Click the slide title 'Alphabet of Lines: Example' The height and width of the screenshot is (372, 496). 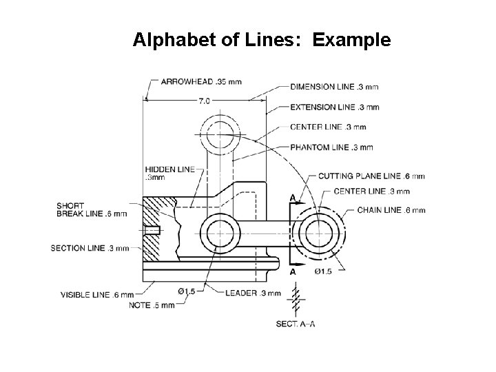(262, 41)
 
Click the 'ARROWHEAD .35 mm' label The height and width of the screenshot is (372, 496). (200, 82)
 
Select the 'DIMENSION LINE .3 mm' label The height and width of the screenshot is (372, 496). (333, 87)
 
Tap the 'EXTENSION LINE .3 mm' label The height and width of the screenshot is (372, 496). (334, 107)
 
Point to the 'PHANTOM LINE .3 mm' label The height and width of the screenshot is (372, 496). (331, 147)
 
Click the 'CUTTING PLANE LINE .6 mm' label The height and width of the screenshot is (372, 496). (371, 176)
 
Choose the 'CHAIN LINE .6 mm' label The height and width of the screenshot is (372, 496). (391, 210)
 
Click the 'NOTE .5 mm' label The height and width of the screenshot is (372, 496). (152, 305)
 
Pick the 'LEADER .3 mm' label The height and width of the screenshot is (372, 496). (253, 293)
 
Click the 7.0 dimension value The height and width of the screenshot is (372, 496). (205, 101)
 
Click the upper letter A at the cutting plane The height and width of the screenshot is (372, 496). (293, 198)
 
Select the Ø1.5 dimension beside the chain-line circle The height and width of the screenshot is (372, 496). (323, 271)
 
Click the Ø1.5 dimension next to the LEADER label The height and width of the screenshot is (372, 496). (187, 292)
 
